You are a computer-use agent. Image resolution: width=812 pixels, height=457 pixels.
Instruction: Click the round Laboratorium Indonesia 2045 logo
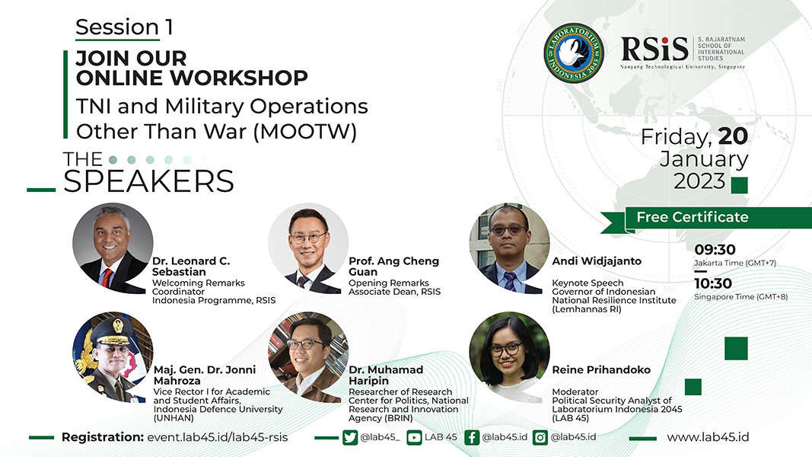[574, 53]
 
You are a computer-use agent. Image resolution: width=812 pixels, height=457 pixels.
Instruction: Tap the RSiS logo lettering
[654, 50]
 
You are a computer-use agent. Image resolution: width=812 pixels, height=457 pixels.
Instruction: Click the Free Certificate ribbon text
[693, 217]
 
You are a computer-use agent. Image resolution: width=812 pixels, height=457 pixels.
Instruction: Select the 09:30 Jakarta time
[715, 250]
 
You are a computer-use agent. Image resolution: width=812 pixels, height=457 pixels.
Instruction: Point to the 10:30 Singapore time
[713, 283]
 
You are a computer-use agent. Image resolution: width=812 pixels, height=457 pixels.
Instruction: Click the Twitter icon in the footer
[350, 438]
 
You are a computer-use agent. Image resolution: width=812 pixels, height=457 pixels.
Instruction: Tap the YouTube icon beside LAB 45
[414, 438]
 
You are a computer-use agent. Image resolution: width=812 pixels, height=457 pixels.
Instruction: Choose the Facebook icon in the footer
[472, 438]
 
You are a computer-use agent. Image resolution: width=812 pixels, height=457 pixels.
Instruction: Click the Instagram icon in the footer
[540, 438]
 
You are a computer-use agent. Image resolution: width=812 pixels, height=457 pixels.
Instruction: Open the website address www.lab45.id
[708, 437]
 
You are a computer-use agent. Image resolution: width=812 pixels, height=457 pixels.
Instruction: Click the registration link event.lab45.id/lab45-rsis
[218, 437]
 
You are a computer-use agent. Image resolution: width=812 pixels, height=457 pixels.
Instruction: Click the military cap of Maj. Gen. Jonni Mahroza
[113, 331]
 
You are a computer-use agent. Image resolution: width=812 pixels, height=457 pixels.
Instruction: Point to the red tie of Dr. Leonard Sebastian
[107, 278]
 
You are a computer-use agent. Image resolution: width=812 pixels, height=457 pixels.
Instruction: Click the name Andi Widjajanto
[597, 261]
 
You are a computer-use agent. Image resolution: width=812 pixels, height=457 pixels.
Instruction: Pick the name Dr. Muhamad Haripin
[386, 376]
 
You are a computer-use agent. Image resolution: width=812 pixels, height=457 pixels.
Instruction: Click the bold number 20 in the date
[733, 136]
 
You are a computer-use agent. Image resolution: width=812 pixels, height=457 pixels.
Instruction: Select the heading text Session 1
[124, 27]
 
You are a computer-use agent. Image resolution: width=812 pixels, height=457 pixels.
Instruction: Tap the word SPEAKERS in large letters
[148, 181]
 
